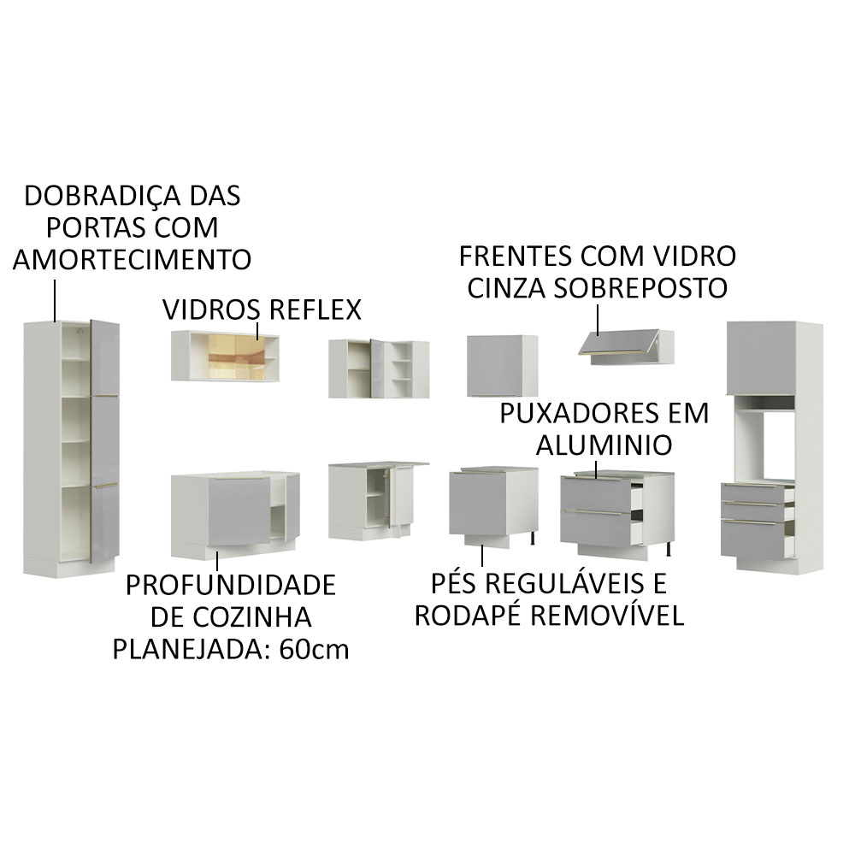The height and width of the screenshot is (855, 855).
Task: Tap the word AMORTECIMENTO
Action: point(132,259)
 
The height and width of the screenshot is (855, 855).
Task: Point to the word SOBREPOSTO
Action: point(640,287)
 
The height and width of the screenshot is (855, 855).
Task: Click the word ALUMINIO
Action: point(604,445)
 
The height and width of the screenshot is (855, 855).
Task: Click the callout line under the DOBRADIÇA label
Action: point(56,298)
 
